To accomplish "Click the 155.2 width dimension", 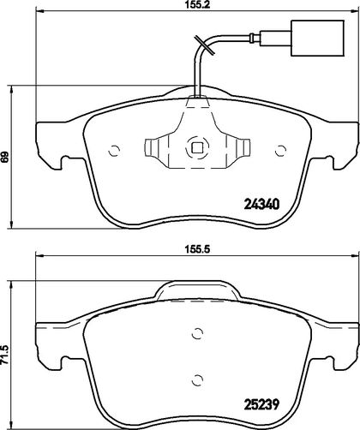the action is tap(197, 5).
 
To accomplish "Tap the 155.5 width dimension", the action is tap(197, 249).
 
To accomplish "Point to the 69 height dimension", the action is tap(4, 157).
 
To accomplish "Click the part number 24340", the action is tap(261, 205).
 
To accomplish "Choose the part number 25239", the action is tap(261, 404).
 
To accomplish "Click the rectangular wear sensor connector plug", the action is tap(317, 38).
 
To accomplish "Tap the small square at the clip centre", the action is tap(197, 148).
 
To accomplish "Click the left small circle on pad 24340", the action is tap(114, 151).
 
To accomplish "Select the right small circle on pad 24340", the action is tap(280, 151).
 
